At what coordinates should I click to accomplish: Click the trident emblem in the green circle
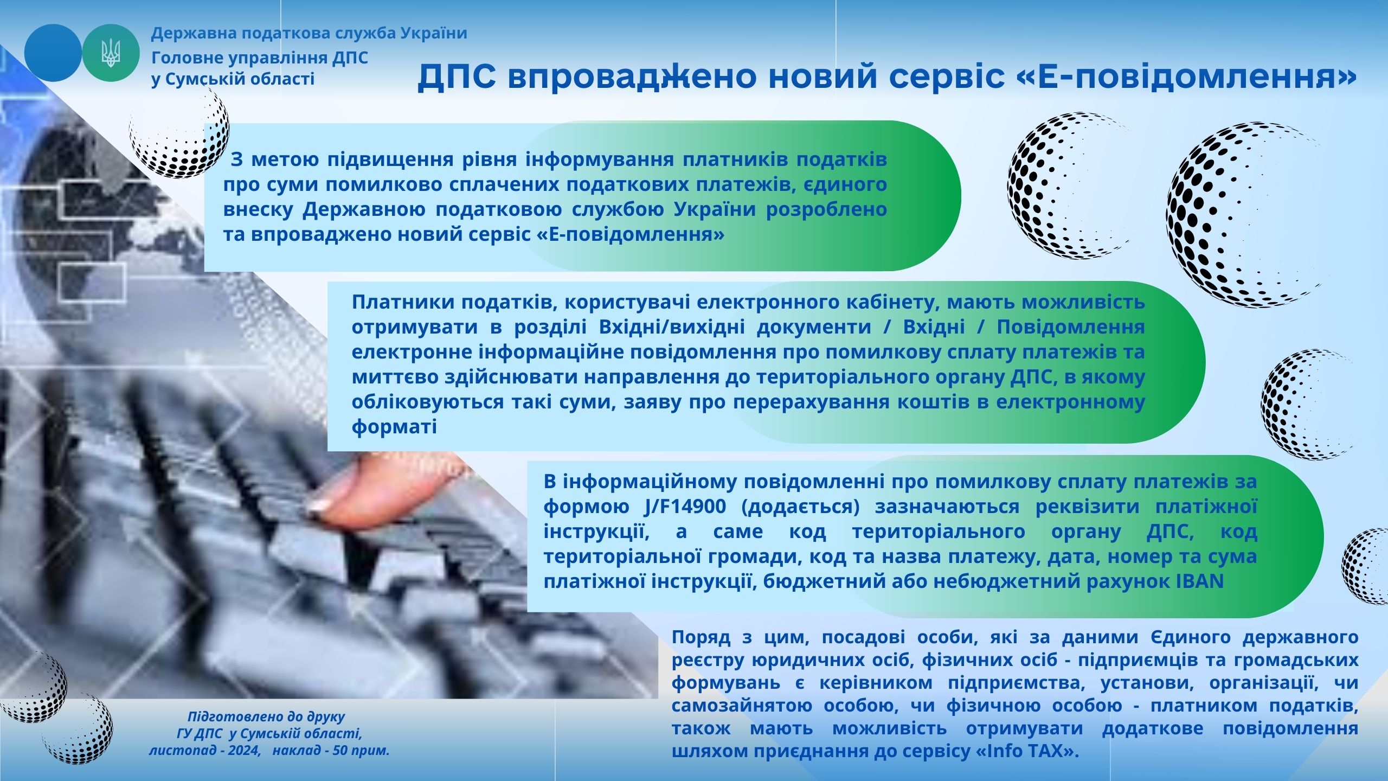tap(111, 53)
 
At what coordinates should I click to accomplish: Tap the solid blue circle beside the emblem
tap(53, 53)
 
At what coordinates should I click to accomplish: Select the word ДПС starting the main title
tap(457, 77)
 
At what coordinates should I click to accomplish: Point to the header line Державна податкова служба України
tap(309, 34)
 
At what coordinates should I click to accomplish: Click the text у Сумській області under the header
tap(233, 79)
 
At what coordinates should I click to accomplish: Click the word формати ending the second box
tap(394, 427)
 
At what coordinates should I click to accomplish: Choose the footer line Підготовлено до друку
tap(266, 717)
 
